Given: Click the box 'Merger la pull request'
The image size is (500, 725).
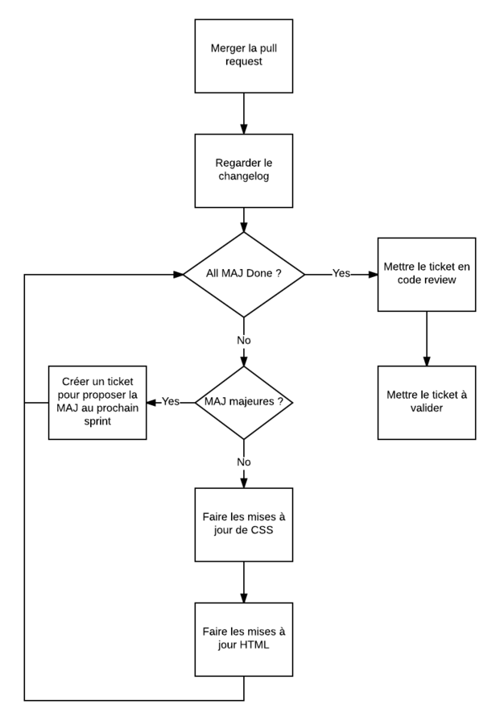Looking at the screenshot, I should tap(243, 56).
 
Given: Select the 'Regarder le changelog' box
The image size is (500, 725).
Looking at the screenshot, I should tap(243, 170).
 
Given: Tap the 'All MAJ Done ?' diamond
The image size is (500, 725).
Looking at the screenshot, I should tap(243, 274).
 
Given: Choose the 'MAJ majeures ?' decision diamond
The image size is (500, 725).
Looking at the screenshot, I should tap(243, 402).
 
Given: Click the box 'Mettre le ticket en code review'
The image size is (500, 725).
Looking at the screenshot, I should tap(427, 274).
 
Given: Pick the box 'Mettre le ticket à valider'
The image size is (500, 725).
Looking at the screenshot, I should tap(427, 402).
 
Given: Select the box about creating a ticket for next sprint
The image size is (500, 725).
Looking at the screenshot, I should tap(97, 402).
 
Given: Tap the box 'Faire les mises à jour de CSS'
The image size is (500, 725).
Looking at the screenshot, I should tap(243, 524).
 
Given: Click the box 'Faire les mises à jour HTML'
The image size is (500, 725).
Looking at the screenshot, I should tap(243, 639).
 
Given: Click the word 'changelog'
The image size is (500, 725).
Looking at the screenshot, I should tap(243, 176).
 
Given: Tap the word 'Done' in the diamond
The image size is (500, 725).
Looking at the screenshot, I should tap(258, 274).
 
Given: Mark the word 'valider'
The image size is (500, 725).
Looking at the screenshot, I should tap(427, 408).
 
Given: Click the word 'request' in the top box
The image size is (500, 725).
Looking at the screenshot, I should tap(243, 62).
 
